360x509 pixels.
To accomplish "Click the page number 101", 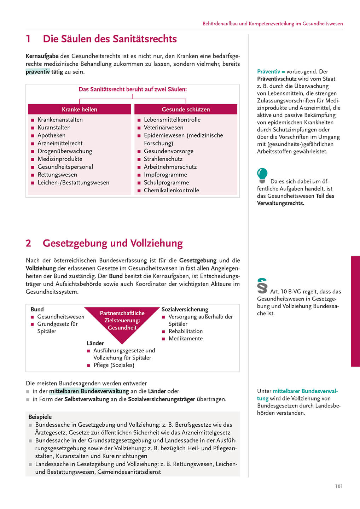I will [339, 486].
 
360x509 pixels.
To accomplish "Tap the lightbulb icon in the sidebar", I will [262, 175].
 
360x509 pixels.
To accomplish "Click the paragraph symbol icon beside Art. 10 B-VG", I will [262, 286].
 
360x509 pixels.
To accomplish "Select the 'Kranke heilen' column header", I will [79, 109].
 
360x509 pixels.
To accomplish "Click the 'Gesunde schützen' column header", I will [186, 109].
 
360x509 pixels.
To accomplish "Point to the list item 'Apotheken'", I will [51, 135].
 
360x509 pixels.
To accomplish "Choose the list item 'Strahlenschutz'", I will [163, 159].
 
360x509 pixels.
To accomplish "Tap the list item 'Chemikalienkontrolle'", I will [171, 190].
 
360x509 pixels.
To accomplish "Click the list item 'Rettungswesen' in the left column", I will [57, 175].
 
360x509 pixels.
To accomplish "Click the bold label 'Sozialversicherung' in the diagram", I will [185, 309].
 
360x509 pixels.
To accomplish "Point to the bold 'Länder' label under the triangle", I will [95, 343].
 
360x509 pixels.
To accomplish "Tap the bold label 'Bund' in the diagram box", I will [37, 309].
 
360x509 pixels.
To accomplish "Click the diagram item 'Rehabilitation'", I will [186, 331].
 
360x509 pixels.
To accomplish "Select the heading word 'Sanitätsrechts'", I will [148, 39].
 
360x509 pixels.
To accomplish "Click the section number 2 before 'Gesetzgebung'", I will [28, 243].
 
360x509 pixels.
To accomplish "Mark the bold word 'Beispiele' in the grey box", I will [40, 417].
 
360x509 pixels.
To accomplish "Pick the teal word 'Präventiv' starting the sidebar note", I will [269, 72].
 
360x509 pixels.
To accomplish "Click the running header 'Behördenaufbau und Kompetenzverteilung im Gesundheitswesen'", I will [273, 24].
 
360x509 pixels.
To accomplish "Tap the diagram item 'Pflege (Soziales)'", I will [114, 365].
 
